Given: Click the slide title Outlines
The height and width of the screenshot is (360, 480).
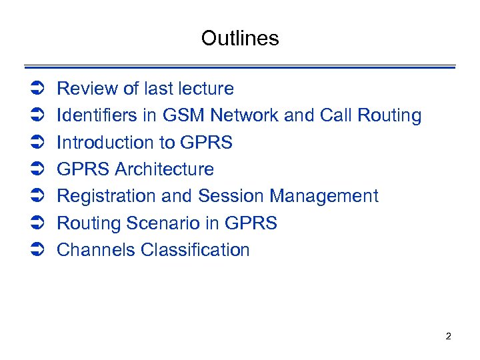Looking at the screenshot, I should pyautogui.click(x=240, y=38).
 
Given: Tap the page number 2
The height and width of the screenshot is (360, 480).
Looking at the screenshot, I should pyautogui.click(x=448, y=336).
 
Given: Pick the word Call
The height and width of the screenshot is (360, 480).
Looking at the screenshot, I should pyautogui.click(x=336, y=115).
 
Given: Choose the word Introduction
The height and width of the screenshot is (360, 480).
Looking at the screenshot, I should pyautogui.click(x=105, y=143).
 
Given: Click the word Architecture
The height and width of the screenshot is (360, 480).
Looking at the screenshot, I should pyautogui.click(x=165, y=169).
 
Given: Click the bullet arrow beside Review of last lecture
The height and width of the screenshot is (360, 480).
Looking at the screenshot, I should pyautogui.click(x=37, y=89).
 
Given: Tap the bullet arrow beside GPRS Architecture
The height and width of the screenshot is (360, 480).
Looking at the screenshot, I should pyautogui.click(x=37, y=170).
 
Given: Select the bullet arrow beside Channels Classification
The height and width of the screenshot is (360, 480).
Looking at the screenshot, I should pyautogui.click(x=37, y=251).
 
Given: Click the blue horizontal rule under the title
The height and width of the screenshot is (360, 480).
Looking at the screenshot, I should pyautogui.click(x=240, y=67).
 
